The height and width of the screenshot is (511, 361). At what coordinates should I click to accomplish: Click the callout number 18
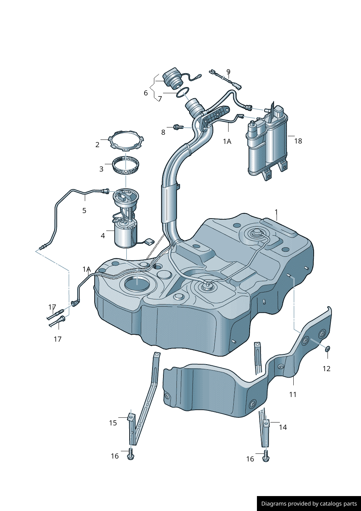pos(298,141)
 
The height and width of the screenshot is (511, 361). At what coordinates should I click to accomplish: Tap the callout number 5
pos(84,211)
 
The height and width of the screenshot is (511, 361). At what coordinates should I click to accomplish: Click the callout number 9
pos(228,72)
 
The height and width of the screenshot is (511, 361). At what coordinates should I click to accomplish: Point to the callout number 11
pos(293,394)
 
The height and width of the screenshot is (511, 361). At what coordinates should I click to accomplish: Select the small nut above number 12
pos(328,349)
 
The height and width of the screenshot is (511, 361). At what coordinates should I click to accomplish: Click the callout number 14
pos(283,427)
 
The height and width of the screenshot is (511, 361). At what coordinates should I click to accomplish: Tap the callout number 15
pos(113,423)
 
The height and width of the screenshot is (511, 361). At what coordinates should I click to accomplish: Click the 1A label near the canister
pos(227,141)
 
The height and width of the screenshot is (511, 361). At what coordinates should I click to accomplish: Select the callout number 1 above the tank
pos(276,212)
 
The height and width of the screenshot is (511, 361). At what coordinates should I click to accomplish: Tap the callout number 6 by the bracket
pos(146,93)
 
